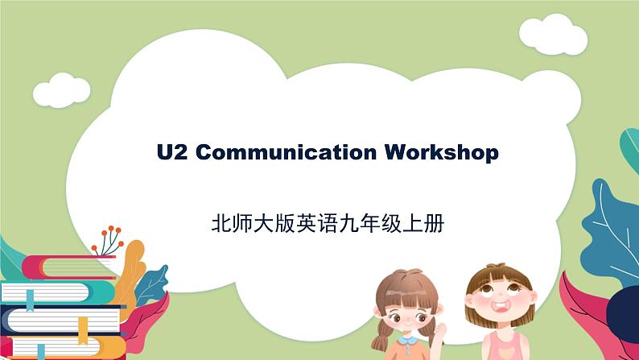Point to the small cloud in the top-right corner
pos(552,32)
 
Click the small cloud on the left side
pos(61,89)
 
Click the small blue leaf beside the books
pos(153,282)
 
